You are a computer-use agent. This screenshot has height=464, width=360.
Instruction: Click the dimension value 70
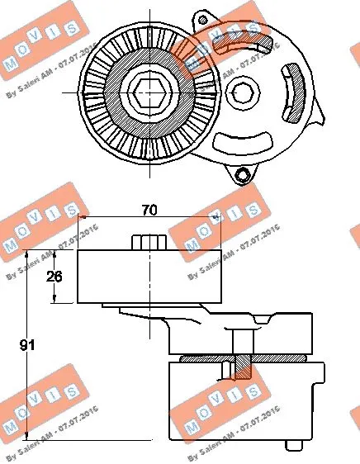149,211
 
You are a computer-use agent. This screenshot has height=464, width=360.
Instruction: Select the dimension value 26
54,277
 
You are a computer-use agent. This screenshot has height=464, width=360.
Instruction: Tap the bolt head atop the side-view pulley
149,242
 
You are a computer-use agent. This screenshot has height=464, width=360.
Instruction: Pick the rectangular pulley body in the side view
149,277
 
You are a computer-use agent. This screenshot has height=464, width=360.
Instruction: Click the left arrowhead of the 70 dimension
83,218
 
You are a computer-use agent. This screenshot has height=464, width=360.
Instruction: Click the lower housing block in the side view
244,405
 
